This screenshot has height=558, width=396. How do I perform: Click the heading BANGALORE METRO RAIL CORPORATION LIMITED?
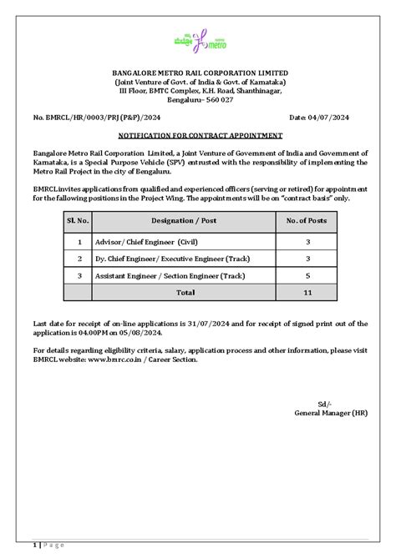click(x=198, y=75)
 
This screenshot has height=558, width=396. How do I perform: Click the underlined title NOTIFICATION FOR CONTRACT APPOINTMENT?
click(x=198, y=134)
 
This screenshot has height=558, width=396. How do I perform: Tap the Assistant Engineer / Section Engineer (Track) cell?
click(x=174, y=274)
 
